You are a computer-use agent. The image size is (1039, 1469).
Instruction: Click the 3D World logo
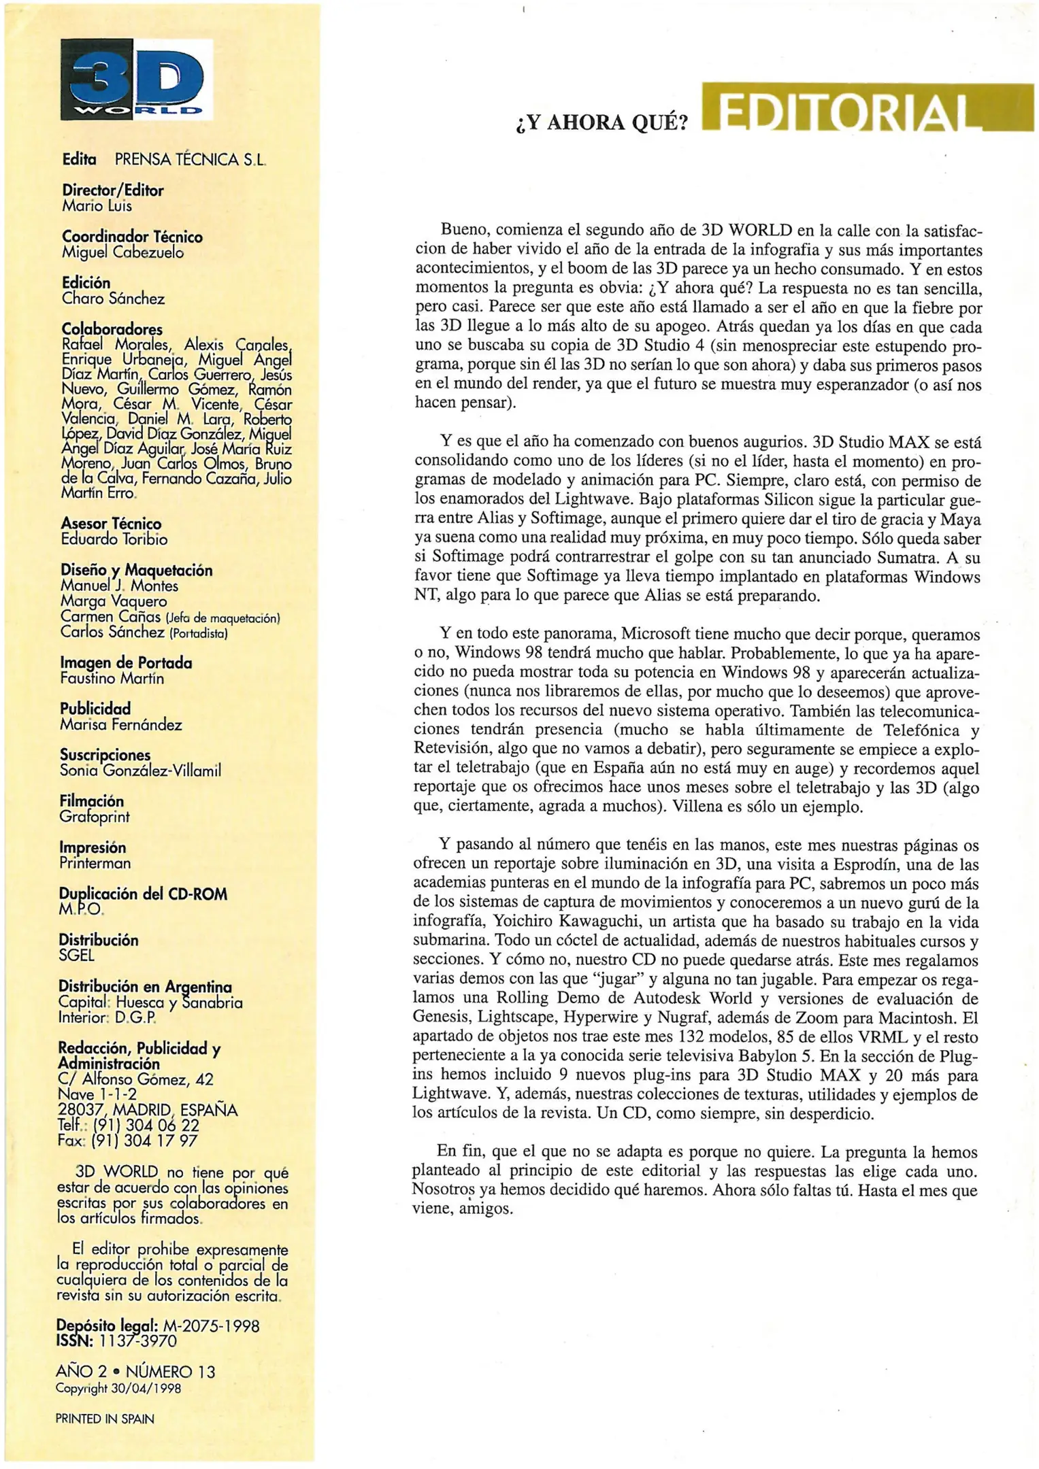[x=136, y=80]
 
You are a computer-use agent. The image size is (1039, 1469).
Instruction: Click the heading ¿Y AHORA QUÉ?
[x=601, y=122]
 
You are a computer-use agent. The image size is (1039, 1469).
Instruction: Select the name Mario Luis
[x=97, y=206]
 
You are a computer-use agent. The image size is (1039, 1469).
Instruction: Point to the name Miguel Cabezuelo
[x=122, y=252]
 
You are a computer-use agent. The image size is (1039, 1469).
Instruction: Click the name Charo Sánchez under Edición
[x=113, y=299]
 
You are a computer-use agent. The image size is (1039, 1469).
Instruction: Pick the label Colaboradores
[x=112, y=330]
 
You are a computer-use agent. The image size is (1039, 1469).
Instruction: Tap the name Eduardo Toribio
[x=114, y=539]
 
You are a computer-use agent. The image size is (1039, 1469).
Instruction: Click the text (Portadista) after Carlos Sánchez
[x=198, y=633]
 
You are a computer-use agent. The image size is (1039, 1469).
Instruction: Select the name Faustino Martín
[x=112, y=679]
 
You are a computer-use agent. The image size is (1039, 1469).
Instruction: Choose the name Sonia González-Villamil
[x=140, y=771]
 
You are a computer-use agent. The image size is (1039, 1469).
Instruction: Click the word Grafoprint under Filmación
[x=94, y=817]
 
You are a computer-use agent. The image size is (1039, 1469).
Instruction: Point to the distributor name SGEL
[x=76, y=956]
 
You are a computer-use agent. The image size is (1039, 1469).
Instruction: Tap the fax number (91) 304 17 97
[x=144, y=1141]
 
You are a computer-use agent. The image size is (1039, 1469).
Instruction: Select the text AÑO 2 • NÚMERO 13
[x=135, y=1372]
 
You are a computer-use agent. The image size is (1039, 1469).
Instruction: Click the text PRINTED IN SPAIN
[x=105, y=1419]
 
